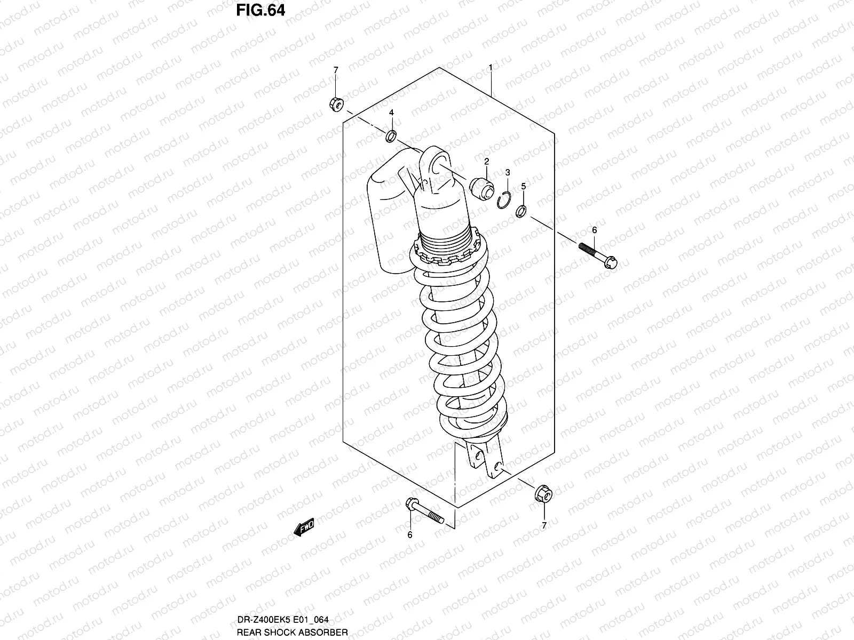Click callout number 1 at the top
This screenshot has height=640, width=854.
coord(491,68)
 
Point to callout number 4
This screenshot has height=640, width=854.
coord(391,113)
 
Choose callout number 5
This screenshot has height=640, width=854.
coord(524,186)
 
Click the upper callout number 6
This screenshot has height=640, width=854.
coord(594,230)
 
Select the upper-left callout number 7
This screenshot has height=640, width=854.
coord(336,70)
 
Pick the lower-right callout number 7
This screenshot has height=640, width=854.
coord(544,525)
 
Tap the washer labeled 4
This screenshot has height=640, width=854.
coord(391,137)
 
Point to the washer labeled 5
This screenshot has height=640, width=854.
coord(521,212)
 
